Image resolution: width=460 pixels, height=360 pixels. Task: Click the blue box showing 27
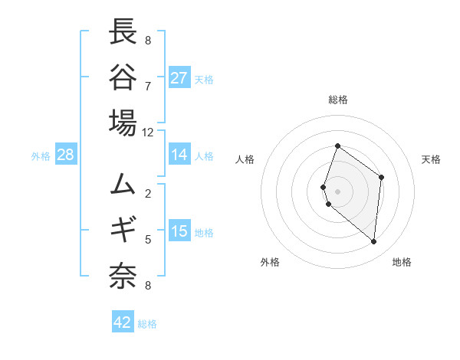click(x=179, y=77)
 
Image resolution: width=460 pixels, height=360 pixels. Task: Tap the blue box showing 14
click(x=179, y=155)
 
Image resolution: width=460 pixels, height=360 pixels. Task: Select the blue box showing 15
click(x=179, y=231)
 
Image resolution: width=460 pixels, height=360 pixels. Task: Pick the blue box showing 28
click(x=66, y=155)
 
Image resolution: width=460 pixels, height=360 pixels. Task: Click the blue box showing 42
click(x=123, y=322)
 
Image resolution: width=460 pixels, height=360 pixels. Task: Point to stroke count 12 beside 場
click(x=148, y=132)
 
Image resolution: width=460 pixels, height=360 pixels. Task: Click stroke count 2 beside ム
click(x=148, y=193)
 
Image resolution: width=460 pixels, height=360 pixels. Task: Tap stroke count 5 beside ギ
click(x=148, y=239)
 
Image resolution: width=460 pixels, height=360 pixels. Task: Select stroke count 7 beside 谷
click(x=148, y=85)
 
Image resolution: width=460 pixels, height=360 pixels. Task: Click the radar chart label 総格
click(x=338, y=100)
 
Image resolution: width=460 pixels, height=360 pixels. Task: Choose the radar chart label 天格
click(x=431, y=159)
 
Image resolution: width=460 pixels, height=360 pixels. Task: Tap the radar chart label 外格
click(x=270, y=262)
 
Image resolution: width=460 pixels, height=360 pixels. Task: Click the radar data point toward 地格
click(x=374, y=241)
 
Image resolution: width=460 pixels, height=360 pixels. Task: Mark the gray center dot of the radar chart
click(x=338, y=191)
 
